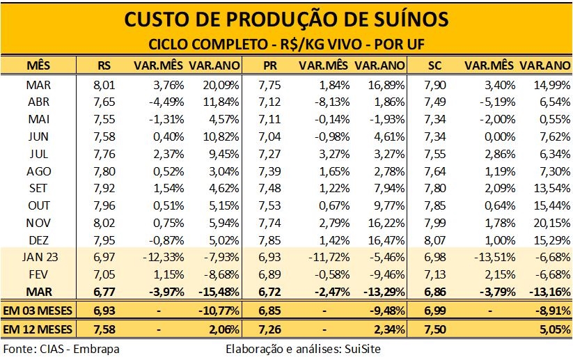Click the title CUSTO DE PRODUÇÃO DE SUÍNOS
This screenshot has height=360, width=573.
[286, 18]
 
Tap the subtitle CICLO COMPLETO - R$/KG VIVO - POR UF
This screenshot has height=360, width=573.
[286, 44]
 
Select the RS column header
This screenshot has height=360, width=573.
[104, 65]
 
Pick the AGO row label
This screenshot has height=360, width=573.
[39, 171]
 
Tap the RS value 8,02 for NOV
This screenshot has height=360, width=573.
[104, 224]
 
